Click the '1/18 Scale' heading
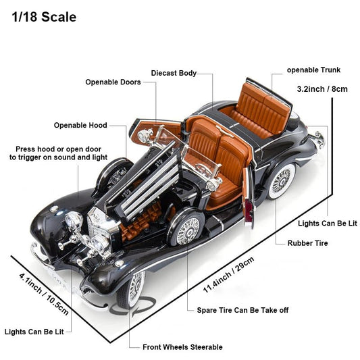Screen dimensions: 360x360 click(44, 17)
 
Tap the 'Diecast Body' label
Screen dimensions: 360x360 click(174, 73)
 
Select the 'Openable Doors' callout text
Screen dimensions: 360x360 click(113, 82)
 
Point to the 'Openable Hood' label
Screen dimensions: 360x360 click(80, 125)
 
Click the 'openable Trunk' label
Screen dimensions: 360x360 click(313, 70)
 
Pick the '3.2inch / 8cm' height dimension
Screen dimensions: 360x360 click(322, 89)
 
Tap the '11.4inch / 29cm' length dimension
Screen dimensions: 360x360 click(229, 275)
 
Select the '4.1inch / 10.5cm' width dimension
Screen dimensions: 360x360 click(44, 294)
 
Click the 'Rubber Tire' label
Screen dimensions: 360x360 click(307, 243)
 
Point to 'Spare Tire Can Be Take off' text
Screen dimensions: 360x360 click(242, 310)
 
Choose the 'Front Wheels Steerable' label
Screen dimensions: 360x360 click(182, 347)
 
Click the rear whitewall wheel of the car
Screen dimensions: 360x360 click(282, 181)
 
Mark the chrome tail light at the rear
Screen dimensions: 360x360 click(319, 139)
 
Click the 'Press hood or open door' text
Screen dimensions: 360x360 click(58, 149)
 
